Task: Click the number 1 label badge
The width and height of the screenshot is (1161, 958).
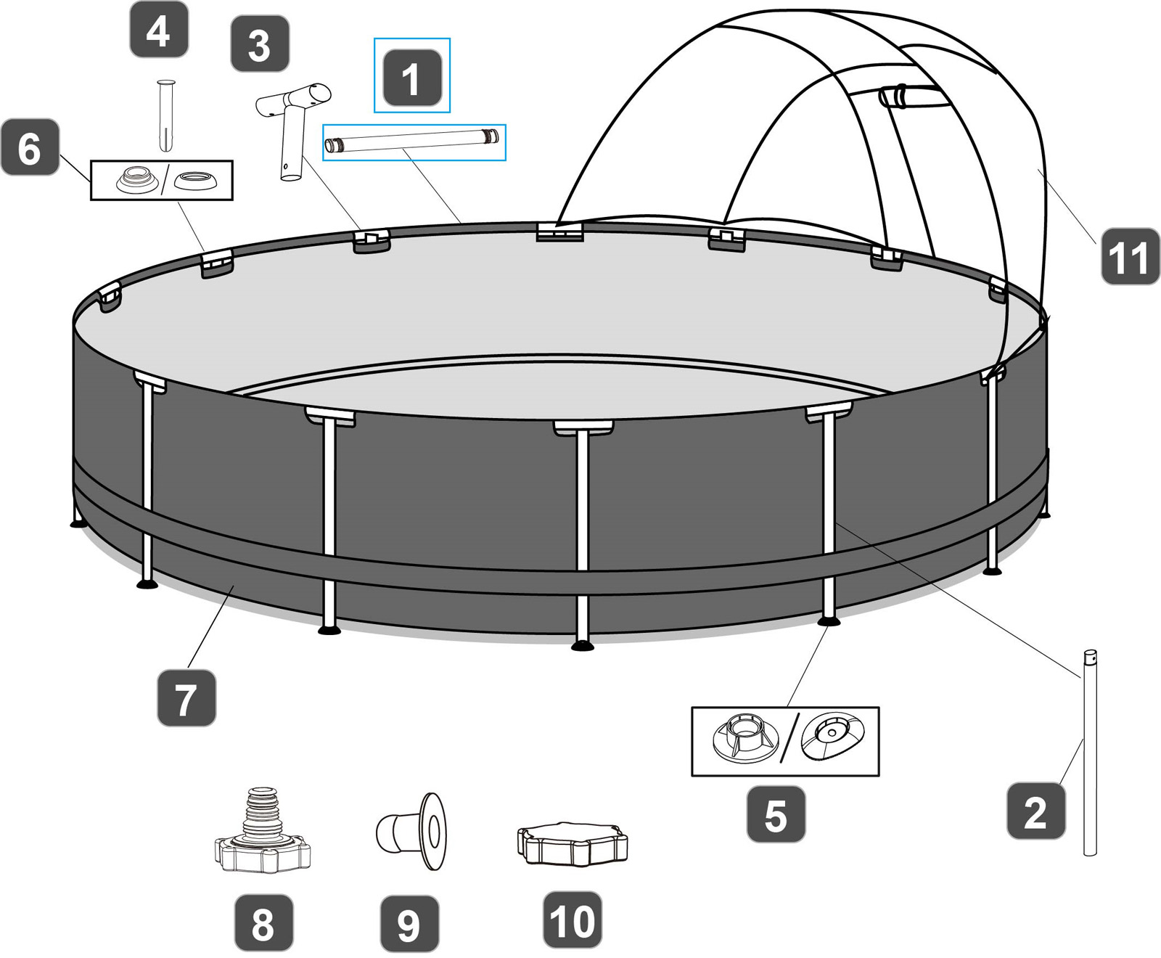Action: (x=411, y=78)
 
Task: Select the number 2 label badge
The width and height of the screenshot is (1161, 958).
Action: (x=1035, y=811)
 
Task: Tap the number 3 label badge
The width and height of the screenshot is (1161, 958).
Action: (x=260, y=44)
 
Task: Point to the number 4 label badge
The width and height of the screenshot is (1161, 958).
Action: (x=159, y=30)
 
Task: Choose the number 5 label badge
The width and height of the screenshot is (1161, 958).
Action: (x=776, y=814)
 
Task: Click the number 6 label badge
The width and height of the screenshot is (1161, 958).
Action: (x=30, y=147)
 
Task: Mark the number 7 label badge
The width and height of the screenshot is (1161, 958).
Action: (x=186, y=698)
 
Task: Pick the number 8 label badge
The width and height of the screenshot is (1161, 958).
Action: (x=263, y=923)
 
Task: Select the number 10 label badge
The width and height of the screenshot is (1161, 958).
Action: (x=573, y=920)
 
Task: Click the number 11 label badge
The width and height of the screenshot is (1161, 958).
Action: (x=1130, y=256)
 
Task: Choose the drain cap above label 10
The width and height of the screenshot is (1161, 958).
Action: (x=573, y=843)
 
